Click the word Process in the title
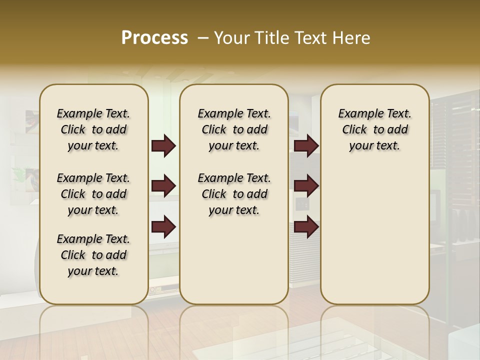coord(154,38)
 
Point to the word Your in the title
coord(232,38)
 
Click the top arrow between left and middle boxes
coord(163,146)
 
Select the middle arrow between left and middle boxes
coord(163,186)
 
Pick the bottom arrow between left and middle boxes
coord(163,226)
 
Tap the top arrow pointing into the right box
coord(306,146)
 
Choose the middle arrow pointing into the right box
coord(306,186)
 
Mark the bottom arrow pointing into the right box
coord(306,226)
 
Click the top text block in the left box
coord(93,129)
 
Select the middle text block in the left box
coord(93,194)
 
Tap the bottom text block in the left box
coord(93,255)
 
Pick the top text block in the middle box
coord(234,129)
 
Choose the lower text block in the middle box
coord(234,194)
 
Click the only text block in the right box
coord(374,129)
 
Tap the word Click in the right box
coord(354,130)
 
